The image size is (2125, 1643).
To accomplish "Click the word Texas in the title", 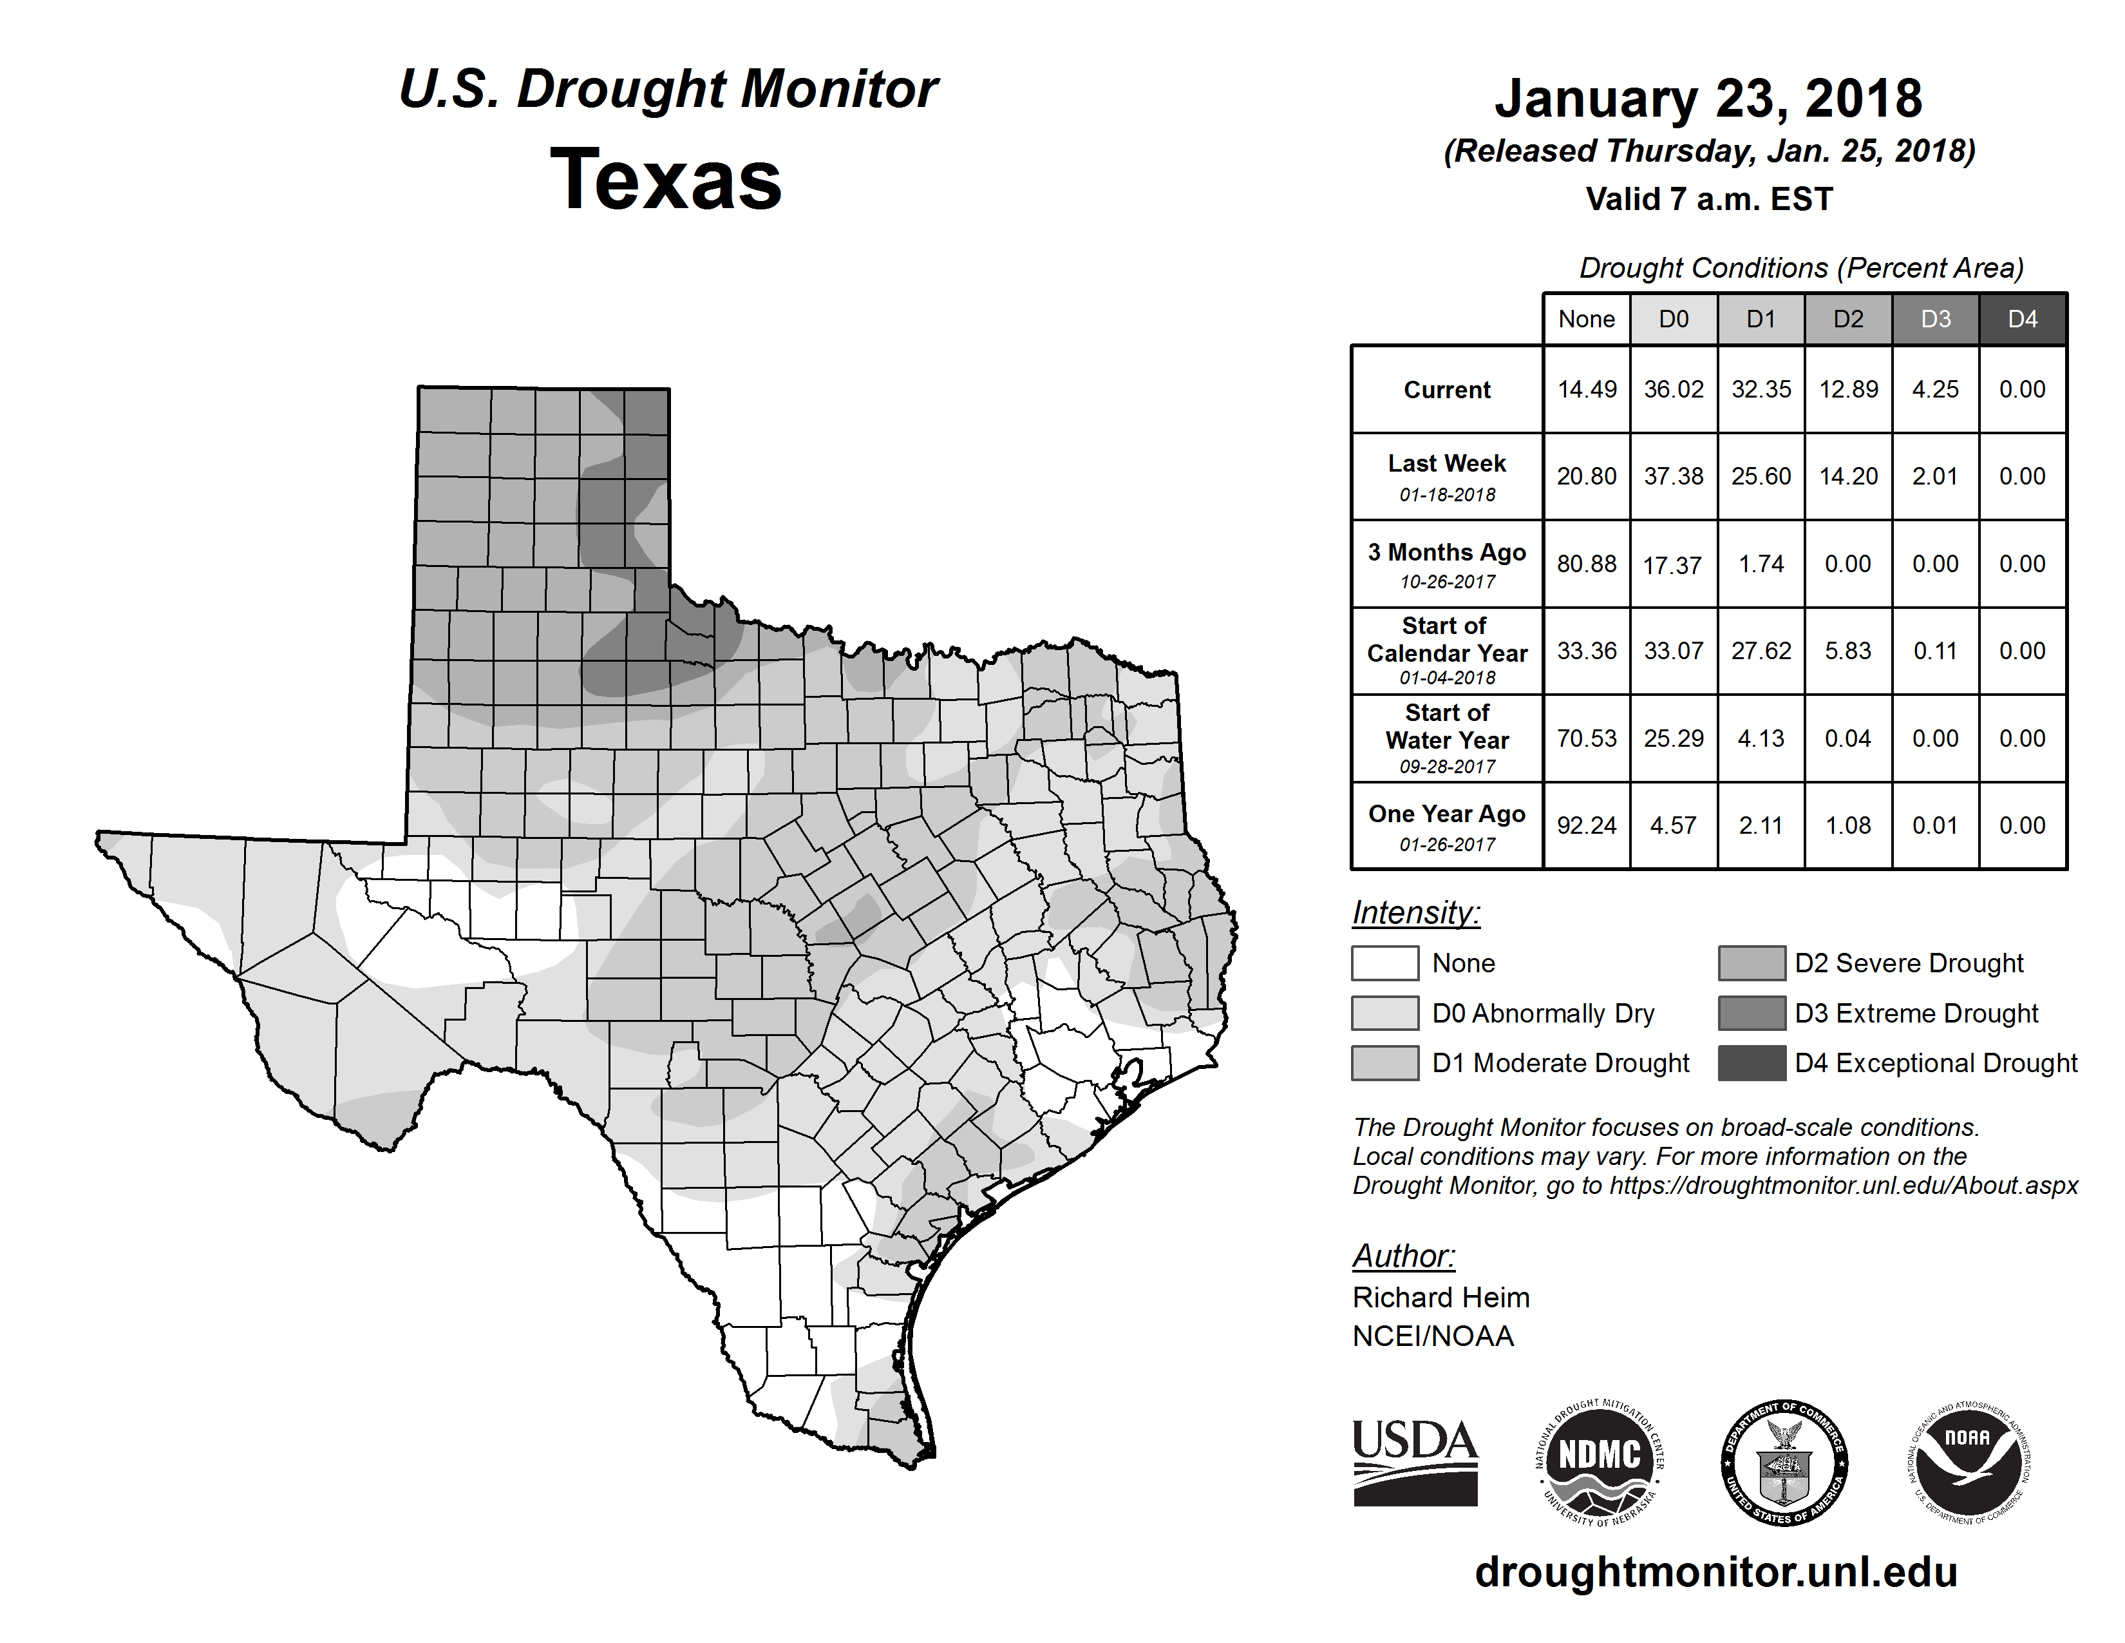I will (x=666, y=180).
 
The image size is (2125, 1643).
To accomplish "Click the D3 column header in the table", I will (x=1935, y=319).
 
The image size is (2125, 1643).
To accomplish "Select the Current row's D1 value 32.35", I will (x=1761, y=389).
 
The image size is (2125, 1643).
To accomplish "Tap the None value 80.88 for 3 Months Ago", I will (x=1586, y=564).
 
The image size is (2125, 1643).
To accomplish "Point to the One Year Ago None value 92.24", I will (x=1586, y=825).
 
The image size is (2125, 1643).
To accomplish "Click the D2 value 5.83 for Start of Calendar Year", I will (x=1847, y=651).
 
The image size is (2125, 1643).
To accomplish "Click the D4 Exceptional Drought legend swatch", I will (x=1752, y=1063).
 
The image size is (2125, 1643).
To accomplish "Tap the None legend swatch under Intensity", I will (x=1384, y=963).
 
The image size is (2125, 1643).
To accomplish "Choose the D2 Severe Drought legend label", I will (x=1909, y=963).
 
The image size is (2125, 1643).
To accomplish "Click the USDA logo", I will (x=1415, y=1462).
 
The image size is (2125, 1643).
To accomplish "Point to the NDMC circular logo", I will (x=1600, y=1462).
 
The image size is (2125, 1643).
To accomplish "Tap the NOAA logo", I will (x=1967, y=1462).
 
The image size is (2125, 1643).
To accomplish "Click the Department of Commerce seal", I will (x=1784, y=1462).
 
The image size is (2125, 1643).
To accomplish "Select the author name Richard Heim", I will (x=1441, y=1298).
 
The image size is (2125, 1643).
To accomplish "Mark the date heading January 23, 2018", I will (x=1708, y=99).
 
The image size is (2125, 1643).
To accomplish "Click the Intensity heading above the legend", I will (x=1415, y=913).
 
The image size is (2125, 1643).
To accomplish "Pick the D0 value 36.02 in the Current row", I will (x=1674, y=389).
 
